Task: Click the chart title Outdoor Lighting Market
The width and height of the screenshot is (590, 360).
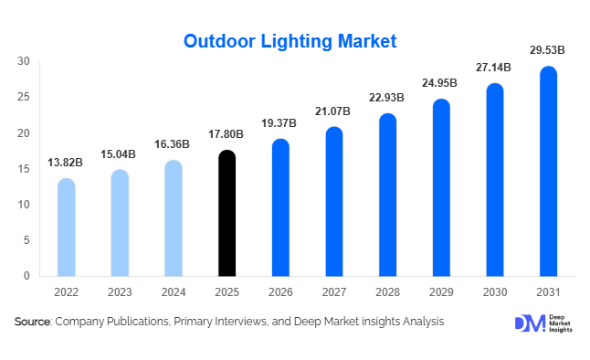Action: coord(290,41)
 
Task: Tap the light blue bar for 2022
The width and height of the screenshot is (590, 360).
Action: coord(66,228)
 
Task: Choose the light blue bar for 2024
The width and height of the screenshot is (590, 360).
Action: coord(173,218)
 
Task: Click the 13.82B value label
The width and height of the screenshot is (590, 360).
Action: coord(66,164)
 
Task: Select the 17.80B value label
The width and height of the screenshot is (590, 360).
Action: coord(227,135)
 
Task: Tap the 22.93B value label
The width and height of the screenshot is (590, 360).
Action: coord(387,99)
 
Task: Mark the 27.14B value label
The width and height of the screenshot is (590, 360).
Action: coord(494,69)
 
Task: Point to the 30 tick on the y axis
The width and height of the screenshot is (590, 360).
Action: coord(24,61)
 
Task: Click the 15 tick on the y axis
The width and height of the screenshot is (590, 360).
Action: coord(24,168)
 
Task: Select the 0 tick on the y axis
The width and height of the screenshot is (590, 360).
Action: coord(27,276)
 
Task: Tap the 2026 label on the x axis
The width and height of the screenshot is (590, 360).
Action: coord(280,293)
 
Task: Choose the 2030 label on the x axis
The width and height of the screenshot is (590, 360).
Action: coord(494,293)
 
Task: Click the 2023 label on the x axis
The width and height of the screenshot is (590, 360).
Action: coord(120,293)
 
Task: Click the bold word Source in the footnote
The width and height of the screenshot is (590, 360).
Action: coord(33,323)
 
